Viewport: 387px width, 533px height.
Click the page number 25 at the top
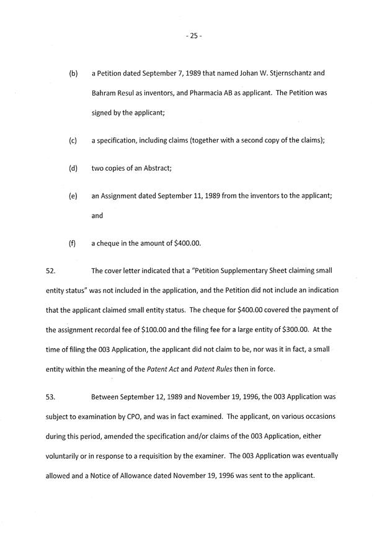click(193, 36)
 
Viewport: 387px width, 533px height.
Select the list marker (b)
click(73, 73)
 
